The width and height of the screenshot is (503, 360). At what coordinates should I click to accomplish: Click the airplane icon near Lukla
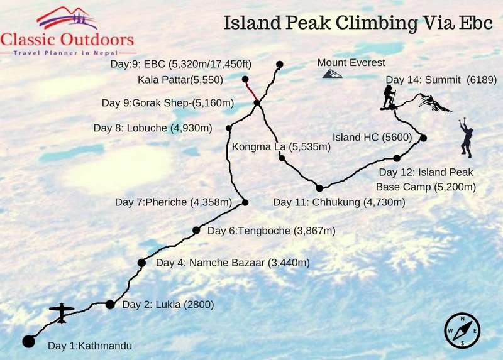tap(62, 312)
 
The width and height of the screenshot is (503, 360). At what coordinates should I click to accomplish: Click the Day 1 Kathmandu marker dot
tap(28, 341)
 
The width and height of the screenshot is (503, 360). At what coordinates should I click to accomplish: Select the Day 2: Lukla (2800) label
tap(168, 305)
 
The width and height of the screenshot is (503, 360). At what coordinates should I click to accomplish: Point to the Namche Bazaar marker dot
tap(141, 263)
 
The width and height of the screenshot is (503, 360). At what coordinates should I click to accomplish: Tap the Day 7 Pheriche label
tap(174, 202)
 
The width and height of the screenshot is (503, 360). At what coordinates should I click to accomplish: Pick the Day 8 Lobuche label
tap(153, 128)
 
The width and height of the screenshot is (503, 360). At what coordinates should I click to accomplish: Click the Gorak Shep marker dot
tap(257, 102)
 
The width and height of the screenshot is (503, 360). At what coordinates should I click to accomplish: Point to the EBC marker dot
tap(280, 64)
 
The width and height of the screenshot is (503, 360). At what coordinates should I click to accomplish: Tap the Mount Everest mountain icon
tap(332, 74)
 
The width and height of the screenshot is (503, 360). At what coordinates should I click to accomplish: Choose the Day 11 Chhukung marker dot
tap(319, 188)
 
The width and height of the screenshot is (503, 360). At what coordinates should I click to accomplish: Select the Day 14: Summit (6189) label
tap(441, 80)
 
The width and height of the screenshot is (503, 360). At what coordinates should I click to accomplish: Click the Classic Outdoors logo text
tap(67, 40)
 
